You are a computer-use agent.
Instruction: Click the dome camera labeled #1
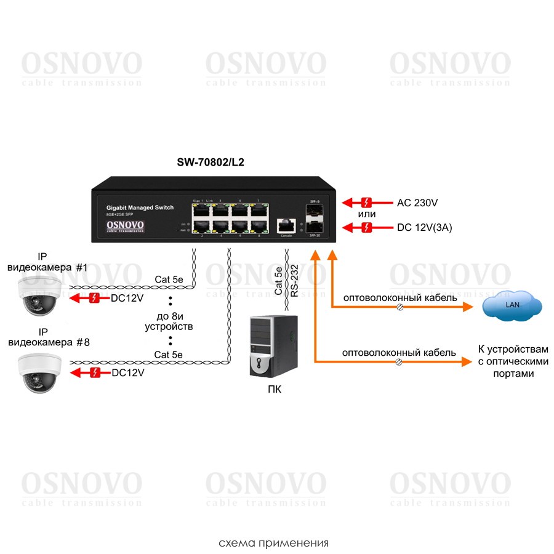(39, 295)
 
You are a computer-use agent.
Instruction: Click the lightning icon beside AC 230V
(367, 203)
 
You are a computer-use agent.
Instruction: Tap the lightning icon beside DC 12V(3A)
(367, 228)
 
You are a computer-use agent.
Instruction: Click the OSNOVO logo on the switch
(126, 225)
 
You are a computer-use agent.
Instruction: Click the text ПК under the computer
(275, 389)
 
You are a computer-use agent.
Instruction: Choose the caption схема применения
(273, 543)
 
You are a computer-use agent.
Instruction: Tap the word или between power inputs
(367, 214)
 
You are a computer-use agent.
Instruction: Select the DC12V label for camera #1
(127, 299)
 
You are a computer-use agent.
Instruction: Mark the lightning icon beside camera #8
(95, 372)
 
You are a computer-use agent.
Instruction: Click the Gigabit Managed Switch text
(140, 208)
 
